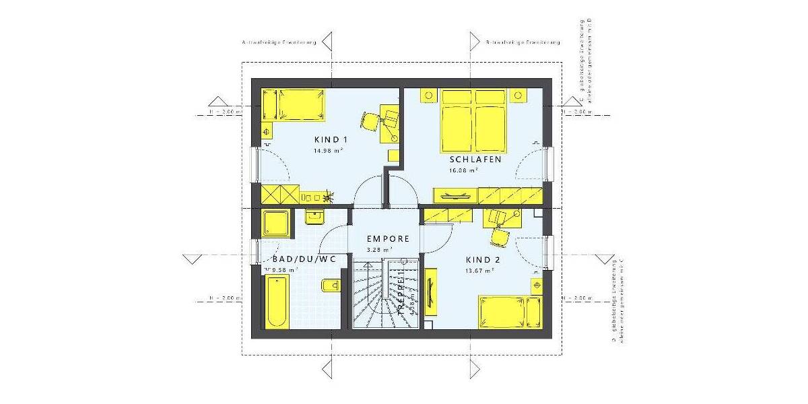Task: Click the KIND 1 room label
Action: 330,140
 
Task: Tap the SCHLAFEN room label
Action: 475,160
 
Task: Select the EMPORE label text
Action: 388,238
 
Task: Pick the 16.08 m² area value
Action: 464,170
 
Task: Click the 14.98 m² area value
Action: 328,151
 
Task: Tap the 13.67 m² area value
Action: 480,269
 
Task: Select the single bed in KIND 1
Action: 292,106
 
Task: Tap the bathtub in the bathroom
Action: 276,301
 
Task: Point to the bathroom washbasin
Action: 314,216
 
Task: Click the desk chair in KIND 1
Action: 369,121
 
